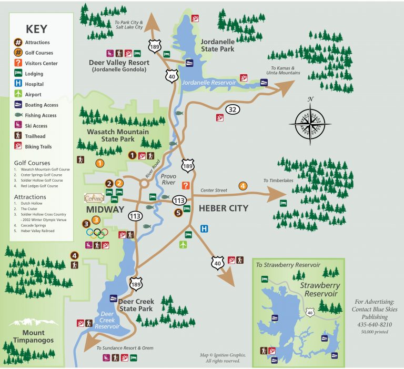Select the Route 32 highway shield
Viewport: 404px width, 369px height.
click(x=232, y=109)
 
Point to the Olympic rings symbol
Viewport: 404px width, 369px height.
click(x=97, y=232)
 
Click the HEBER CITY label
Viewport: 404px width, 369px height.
click(x=223, y=208)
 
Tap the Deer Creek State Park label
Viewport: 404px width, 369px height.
click(x=136, y=305)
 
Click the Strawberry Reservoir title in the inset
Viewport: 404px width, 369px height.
click(x=320, y=290)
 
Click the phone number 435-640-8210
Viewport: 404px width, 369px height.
click(x=371, y=325)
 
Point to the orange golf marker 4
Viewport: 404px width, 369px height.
click(x=243, y=185)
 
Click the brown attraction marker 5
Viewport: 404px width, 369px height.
click(x=178, y=213)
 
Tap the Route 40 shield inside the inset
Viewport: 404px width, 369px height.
click(x=310, y=313)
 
